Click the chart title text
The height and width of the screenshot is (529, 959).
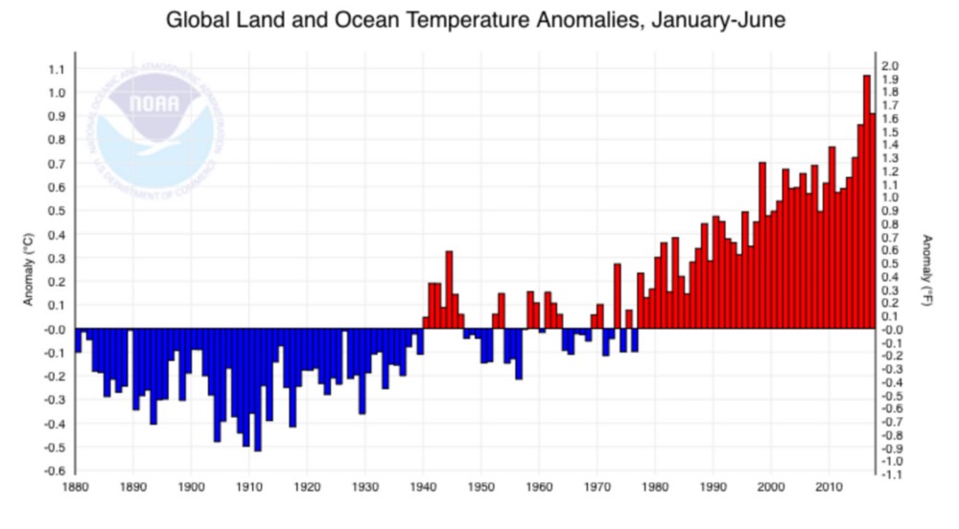[x=477, y=20]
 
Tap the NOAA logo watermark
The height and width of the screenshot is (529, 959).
[x=153, y=125]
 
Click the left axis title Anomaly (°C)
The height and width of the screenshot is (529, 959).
[x=30, y=270]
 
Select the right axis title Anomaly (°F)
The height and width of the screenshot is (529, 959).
[x=927, y=270]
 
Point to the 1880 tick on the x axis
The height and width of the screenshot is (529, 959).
[x=76, y=487]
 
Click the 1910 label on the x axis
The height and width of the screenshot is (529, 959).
[x=249, y=487]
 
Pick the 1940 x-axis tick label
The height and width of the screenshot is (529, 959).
[x=423, y=487]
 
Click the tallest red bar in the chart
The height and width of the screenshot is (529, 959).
[x=866, y=201]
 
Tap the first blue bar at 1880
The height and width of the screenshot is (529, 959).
[x=79, y=340]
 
